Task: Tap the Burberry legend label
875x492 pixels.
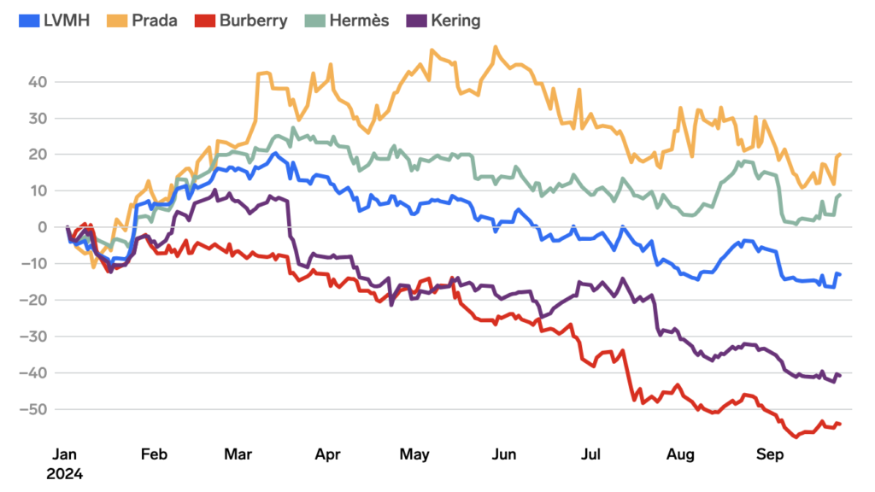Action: pos(253,20)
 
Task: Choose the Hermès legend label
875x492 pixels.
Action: pos(357,20)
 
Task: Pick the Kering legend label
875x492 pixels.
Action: pos(456,20)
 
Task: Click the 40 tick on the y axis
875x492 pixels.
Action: pos(39,82)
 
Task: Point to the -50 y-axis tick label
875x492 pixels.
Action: pos(35,409)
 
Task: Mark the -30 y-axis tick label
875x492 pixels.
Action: pos(35,337)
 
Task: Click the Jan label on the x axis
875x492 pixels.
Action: pos(67,454)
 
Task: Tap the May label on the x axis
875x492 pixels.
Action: pos(414,454)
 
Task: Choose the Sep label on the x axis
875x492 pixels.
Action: pos(772,454)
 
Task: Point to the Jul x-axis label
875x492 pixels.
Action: pos(590,454)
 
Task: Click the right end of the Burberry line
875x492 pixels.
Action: pos(840,424)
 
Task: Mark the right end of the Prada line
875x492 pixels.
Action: pos(840,155)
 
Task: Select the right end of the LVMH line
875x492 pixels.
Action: pos(840,274)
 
